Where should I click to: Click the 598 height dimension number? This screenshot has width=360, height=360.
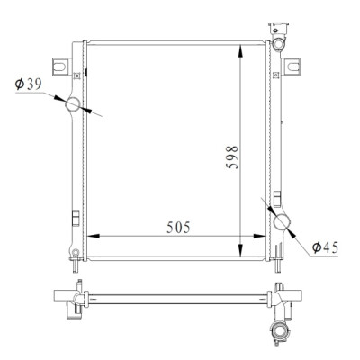tap(232, 157)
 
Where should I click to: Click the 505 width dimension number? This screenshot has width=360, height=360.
tap(178, 228)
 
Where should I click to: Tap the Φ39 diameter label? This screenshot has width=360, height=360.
tap(29, 85)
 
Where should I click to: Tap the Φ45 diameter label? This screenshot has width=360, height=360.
tap(325, 247)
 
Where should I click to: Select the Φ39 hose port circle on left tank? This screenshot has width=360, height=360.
tap(73, 104)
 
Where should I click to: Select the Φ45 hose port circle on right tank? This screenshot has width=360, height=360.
tap(283, 223)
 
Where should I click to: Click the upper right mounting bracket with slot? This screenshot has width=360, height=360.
tap(292, 67)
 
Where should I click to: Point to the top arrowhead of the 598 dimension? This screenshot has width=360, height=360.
tap(240, 51)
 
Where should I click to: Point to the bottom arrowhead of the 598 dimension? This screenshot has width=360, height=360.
tap(240, 250)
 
